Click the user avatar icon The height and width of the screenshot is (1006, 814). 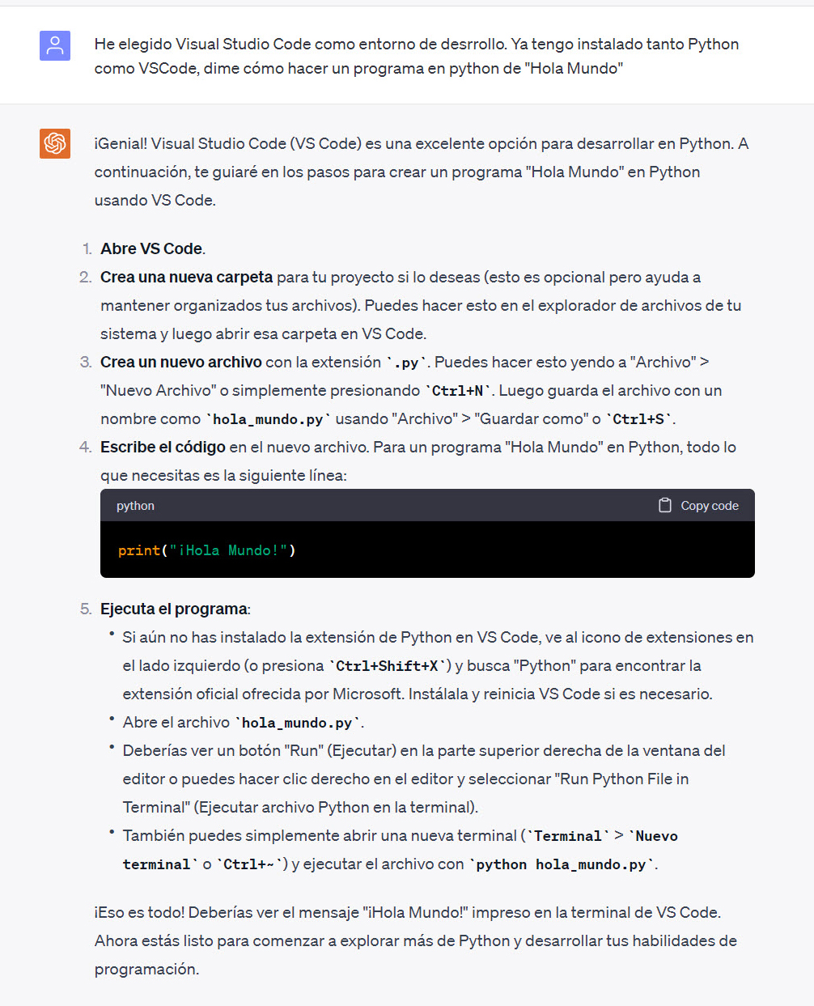coord(55,46)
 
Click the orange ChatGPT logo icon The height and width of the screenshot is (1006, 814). coord(55,143)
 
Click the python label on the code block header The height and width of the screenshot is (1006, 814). coord(135,506)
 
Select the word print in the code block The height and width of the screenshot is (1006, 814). coord(139,550)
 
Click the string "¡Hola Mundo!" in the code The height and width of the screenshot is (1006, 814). coord(228,550)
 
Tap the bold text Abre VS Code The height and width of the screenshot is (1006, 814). coord(151,249)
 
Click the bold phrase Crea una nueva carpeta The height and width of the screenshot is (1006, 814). coord(186,278)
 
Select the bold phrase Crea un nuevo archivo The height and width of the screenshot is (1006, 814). coord(181,363)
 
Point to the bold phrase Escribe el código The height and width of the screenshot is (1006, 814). coord(163,448)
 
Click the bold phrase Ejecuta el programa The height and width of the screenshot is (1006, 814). coord(174,609)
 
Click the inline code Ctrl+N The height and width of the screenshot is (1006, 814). coord(458,391)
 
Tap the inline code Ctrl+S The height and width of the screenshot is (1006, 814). coord(638,419)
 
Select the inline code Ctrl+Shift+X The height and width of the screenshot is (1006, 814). coord(387,666)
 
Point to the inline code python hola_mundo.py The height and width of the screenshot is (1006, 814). coord(561,864)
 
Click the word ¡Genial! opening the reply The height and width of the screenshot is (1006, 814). coord(121,144)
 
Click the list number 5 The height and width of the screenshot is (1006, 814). coord(86,609)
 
